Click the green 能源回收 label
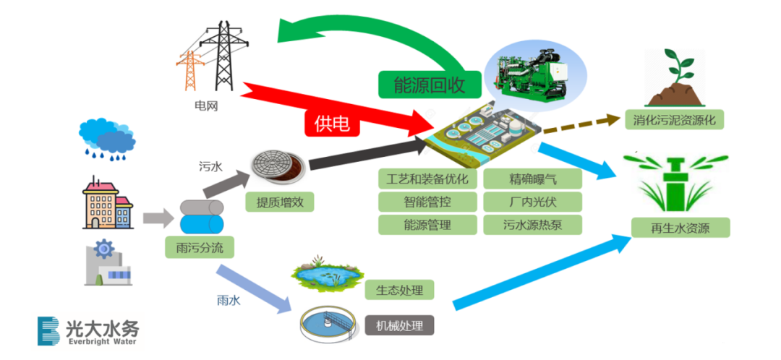(x=430, y=85)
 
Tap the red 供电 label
(x=332, y=124)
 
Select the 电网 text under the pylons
(x=205, y=106)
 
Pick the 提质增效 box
(x=279, y=202)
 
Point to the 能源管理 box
(x=427, y=225)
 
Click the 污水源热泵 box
(x=532, y=225)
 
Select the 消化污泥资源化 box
(x=674, y=120)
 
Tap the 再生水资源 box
(x=680, y=228)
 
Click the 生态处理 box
(x=399, y=291)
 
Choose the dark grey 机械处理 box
(x=399, y=325)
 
